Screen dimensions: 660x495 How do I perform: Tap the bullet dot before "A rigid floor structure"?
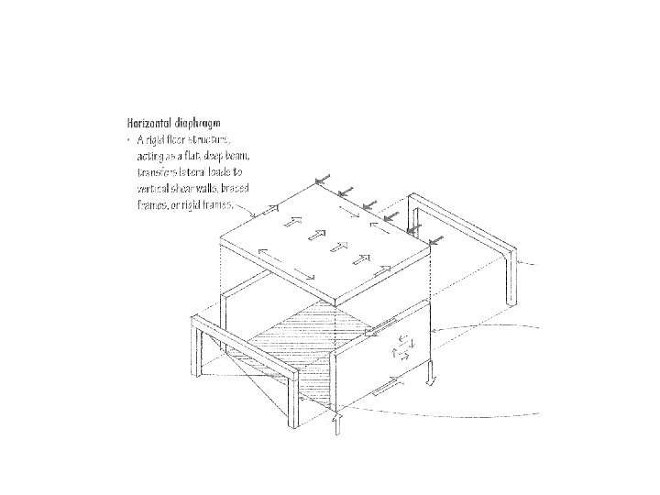tap(128, 139)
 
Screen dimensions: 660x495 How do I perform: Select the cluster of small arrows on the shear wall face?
tap(402, 346)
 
